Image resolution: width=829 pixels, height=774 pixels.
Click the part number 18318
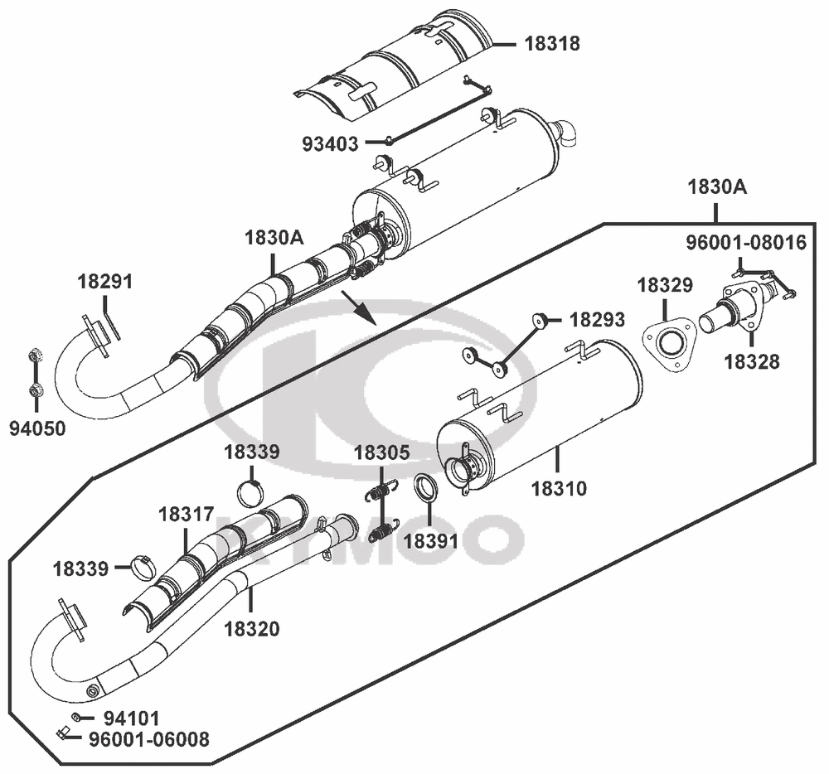pyautogui.click(x=552, y=43)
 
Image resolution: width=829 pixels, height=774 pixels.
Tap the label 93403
pyautogui.click(x=330, y=143)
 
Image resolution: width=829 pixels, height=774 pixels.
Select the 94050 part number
pyautogui.click(x=37, y=428)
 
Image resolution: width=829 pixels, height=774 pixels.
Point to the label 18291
pyautogui.click(x=104, y=282)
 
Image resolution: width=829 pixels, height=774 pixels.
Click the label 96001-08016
pyautogui.click(x=747, y=243)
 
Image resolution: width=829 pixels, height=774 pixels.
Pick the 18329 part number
pyautogui.click(x=665, y=285)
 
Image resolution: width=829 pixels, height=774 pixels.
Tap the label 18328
pyautogui.click(x=751, y=362)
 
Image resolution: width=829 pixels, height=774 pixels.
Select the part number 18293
pyautogui.click(x=597, y=320)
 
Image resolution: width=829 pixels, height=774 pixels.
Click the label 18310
pyautogui.click(x=559, y=489)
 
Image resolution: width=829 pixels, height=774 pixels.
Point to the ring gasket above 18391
pyautogui.click(x=425, y=488)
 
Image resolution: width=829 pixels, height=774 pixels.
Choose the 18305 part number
pyautogui.click(x=381, y=452)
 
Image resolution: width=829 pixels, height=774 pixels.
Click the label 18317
pyautogui.click(x=186, y=514)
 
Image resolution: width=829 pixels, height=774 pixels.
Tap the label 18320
pyautogui.click(x=252, y=629)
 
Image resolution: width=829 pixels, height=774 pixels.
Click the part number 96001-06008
pyautogui.click(x=149, y=739)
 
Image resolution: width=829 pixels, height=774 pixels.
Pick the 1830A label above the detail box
pyautogui.click(x=717, y=187)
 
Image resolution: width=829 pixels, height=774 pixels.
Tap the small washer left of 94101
pyautogui.click(x=76, y=717)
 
